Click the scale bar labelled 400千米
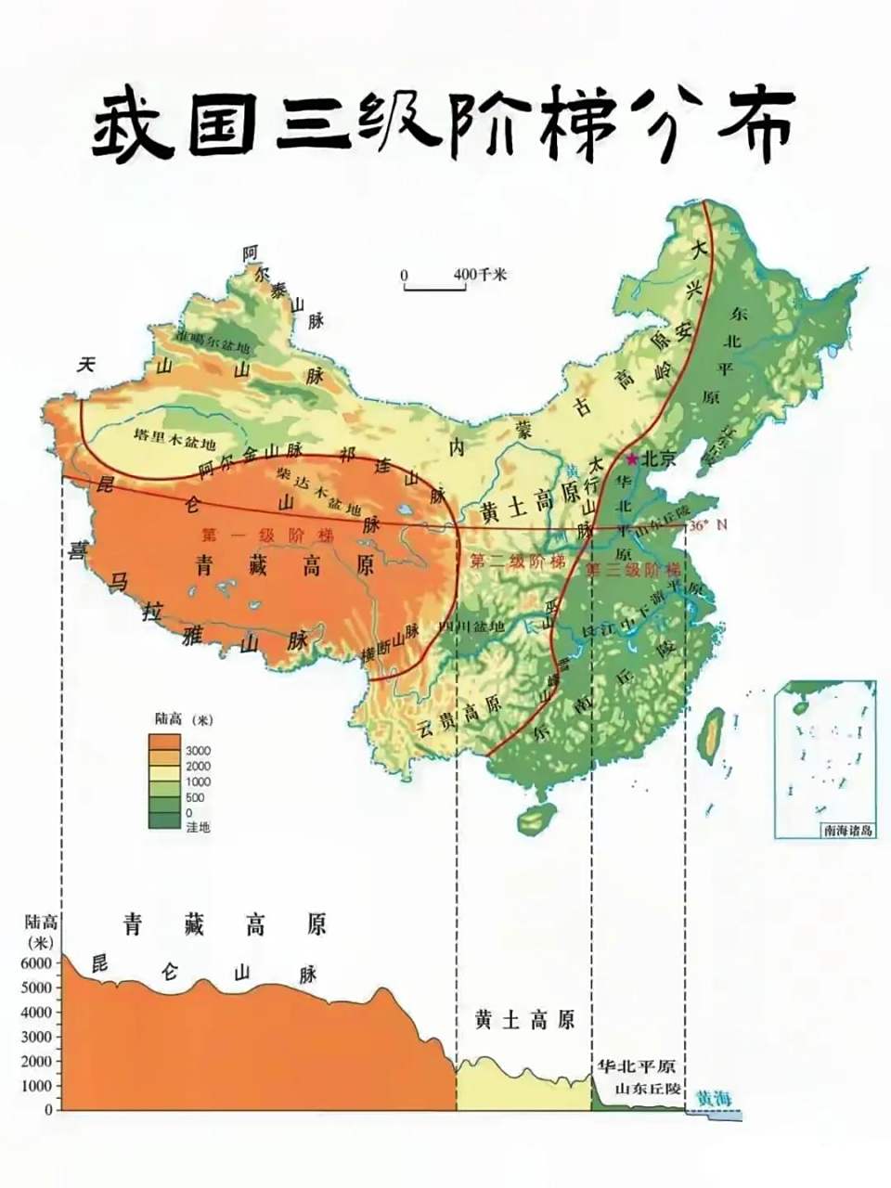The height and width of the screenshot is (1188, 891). pyautogui.click(x=434, y=290)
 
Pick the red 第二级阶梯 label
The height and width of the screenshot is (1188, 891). pyautogui.click(x=517, y=562)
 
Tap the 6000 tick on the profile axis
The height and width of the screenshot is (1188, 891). pyautogui.click(x=36, y=963)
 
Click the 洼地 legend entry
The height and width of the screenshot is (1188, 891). pyautogui.click(x=198, y=826)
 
